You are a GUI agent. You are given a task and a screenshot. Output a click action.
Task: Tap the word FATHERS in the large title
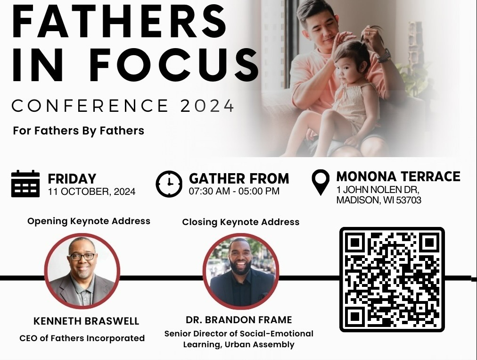(120, 21)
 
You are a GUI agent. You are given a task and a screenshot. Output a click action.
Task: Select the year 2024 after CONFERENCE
(207, 106)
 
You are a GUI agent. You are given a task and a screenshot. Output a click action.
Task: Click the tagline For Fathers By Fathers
(79, 131)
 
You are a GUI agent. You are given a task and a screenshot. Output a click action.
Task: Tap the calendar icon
(25, 184)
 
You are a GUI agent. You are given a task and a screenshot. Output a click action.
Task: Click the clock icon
(169, 184)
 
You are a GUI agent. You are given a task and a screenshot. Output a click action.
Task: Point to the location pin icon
(321, 183)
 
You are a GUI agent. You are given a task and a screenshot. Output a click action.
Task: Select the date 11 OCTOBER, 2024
(91, 192)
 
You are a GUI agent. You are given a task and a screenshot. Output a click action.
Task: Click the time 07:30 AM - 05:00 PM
(234, 191)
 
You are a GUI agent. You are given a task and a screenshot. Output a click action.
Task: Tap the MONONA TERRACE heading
(398, 176)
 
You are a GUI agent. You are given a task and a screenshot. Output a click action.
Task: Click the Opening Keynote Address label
(89, 221)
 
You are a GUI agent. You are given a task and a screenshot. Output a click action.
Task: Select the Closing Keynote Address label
(241, 222)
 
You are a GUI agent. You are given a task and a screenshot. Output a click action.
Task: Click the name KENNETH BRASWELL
(86, 321)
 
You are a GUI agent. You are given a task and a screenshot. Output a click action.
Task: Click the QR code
(392, 279)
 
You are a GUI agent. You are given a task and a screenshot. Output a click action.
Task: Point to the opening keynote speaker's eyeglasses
(82, 257)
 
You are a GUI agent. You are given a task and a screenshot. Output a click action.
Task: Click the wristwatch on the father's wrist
(384, 55)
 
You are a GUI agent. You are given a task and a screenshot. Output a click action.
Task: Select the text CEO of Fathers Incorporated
(82, 338)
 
